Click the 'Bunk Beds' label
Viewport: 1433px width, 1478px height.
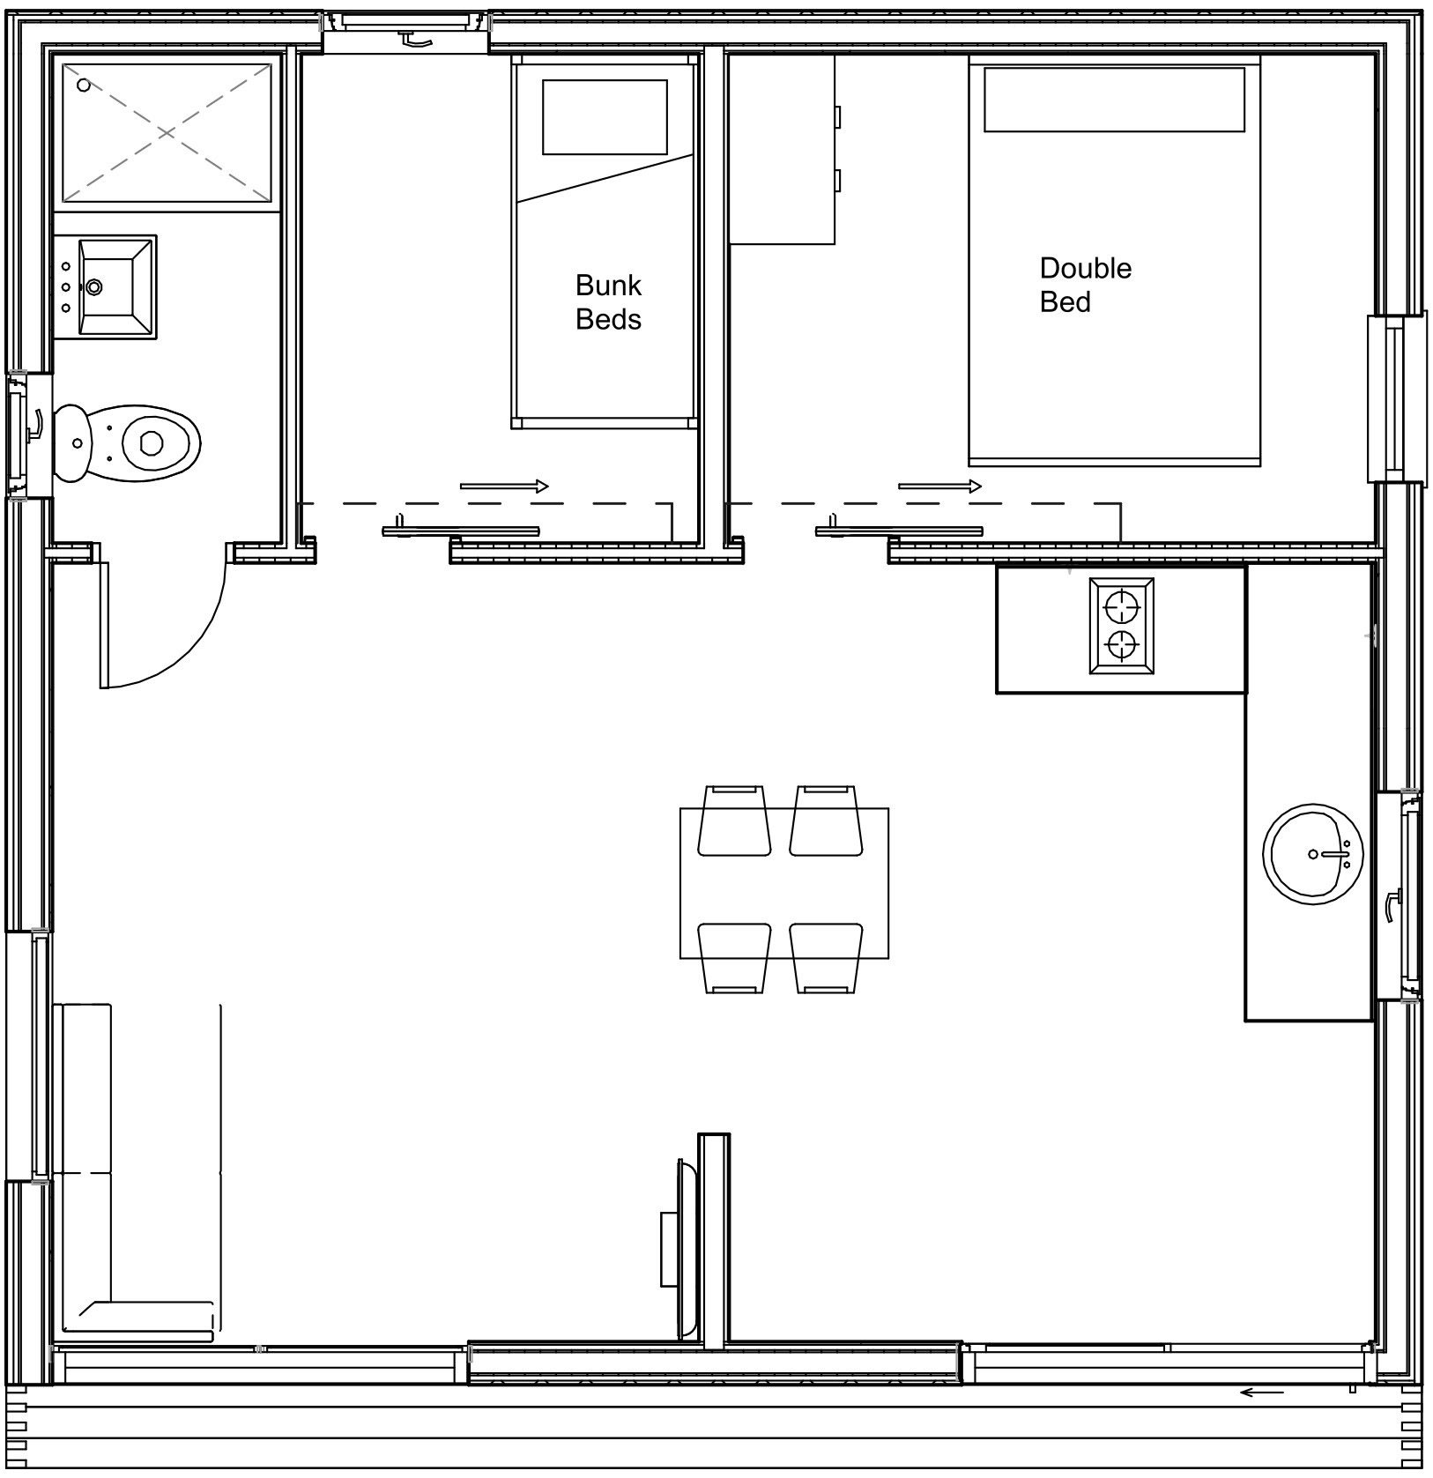[608, 302]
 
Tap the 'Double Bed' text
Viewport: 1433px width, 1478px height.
[1085, 285]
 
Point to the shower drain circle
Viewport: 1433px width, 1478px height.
[84, 85]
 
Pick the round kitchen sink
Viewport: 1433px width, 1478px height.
[1313, 853]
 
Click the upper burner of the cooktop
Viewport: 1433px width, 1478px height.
[1121, 607]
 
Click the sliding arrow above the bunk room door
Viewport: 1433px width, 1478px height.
[504, 486]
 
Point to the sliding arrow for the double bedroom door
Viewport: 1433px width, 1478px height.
[939, 486]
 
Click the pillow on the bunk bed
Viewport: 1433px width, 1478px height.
[605, 117]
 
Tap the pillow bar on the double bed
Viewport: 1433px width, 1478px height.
[1114, 100]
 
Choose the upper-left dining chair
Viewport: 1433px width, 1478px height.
[734, 820]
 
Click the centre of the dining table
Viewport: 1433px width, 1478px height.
[784, 883]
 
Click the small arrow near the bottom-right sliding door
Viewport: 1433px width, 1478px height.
[1261, 1393]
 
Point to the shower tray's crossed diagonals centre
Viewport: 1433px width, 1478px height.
[167, 133]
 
